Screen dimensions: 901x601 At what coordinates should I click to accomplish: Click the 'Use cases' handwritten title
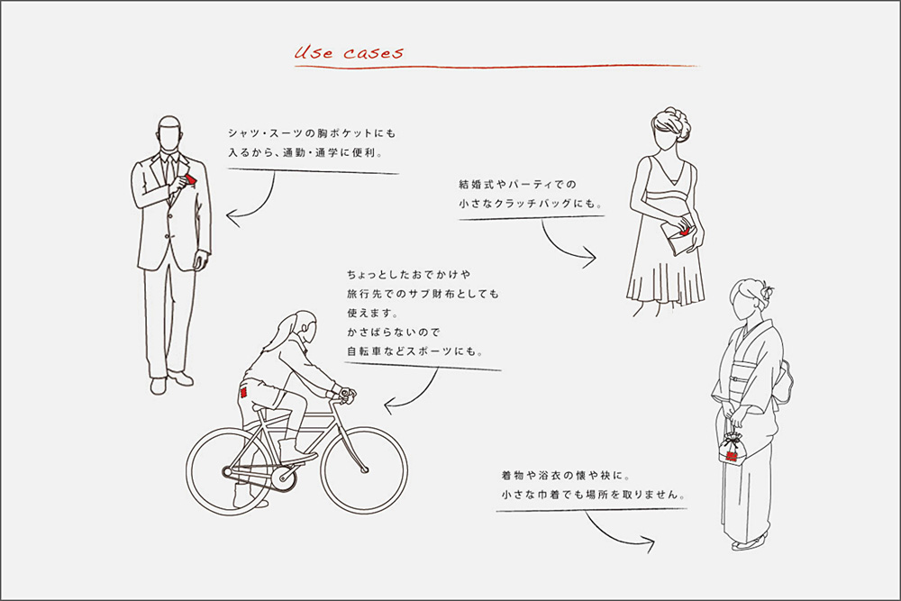349,52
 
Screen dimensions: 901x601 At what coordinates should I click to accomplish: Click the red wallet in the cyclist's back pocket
243,394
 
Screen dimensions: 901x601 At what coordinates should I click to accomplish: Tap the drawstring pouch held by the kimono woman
731,449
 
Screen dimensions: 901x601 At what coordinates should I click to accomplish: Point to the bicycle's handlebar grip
347,394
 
